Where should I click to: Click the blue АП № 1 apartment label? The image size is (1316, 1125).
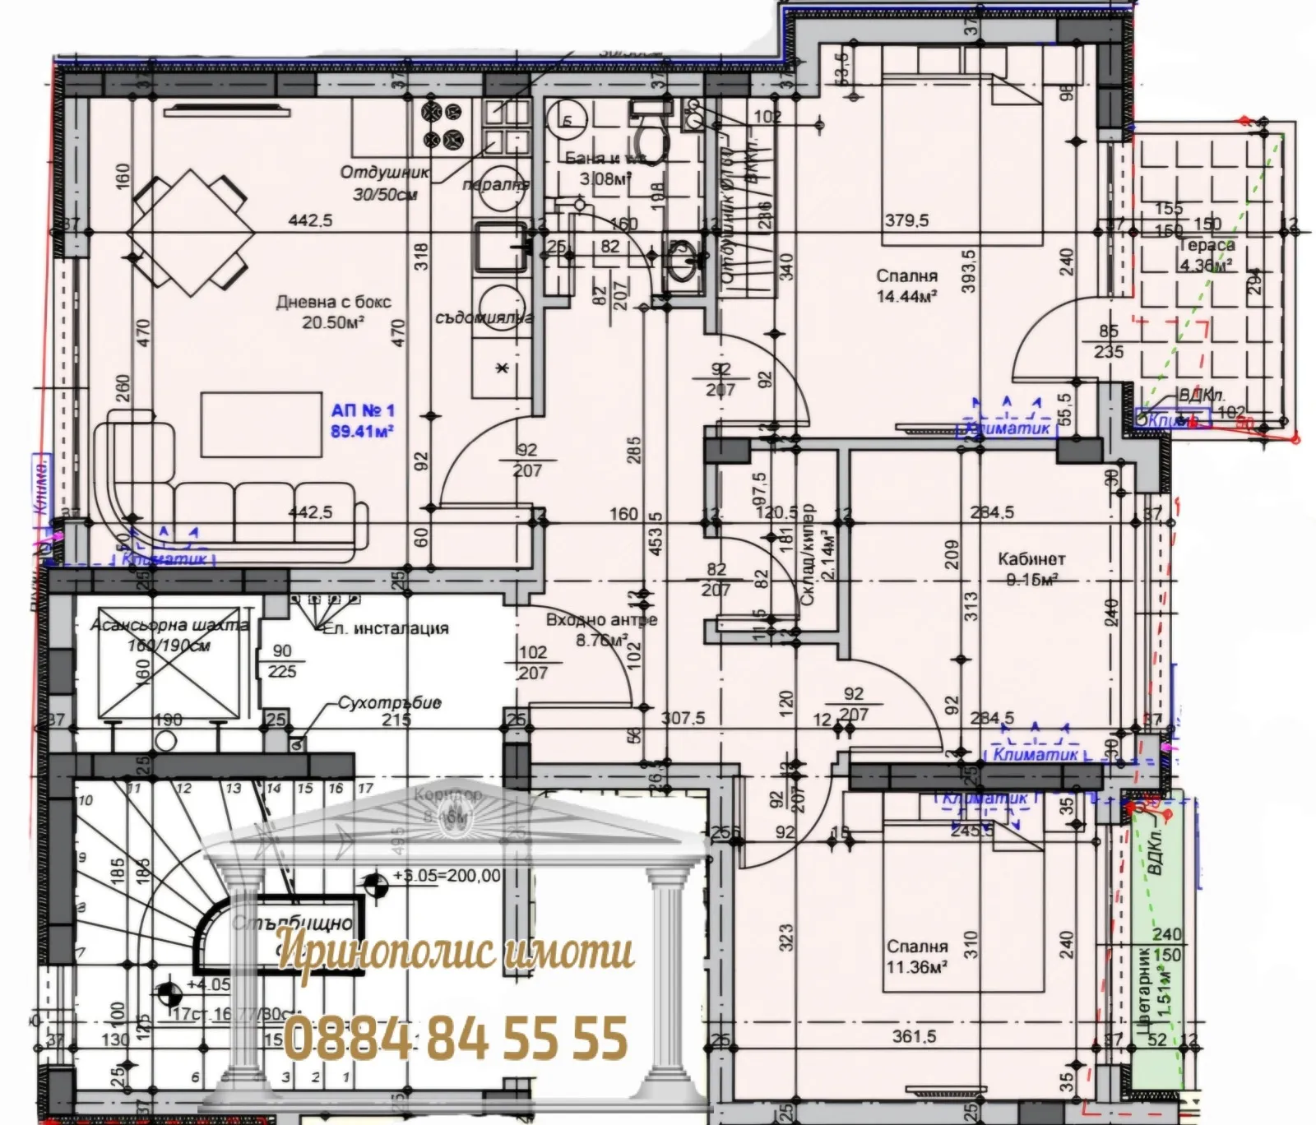[363, 410]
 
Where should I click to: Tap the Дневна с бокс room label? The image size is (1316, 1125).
[333, 303]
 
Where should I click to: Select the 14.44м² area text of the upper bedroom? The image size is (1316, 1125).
[906, 296]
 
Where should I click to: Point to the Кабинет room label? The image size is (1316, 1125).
[1031, 559]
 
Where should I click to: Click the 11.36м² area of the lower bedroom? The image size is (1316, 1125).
[916, 967]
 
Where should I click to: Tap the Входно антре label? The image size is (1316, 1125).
[601, 620]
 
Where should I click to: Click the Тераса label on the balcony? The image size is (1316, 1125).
[1207, 245]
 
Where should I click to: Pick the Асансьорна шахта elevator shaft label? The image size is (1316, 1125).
[169, 626]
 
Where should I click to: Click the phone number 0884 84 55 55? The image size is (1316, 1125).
[456, 1038]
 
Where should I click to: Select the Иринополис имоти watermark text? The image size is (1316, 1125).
[455, 951]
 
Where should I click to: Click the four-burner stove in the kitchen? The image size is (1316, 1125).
[442, 125]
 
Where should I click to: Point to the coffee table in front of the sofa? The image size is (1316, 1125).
[261, 424]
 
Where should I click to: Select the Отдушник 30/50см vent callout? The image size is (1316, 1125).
[385, 183]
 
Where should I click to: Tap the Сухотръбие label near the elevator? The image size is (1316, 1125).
[389, 704]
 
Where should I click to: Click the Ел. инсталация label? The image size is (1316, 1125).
[385, 629]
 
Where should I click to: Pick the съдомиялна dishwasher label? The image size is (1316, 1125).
[484, 317]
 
